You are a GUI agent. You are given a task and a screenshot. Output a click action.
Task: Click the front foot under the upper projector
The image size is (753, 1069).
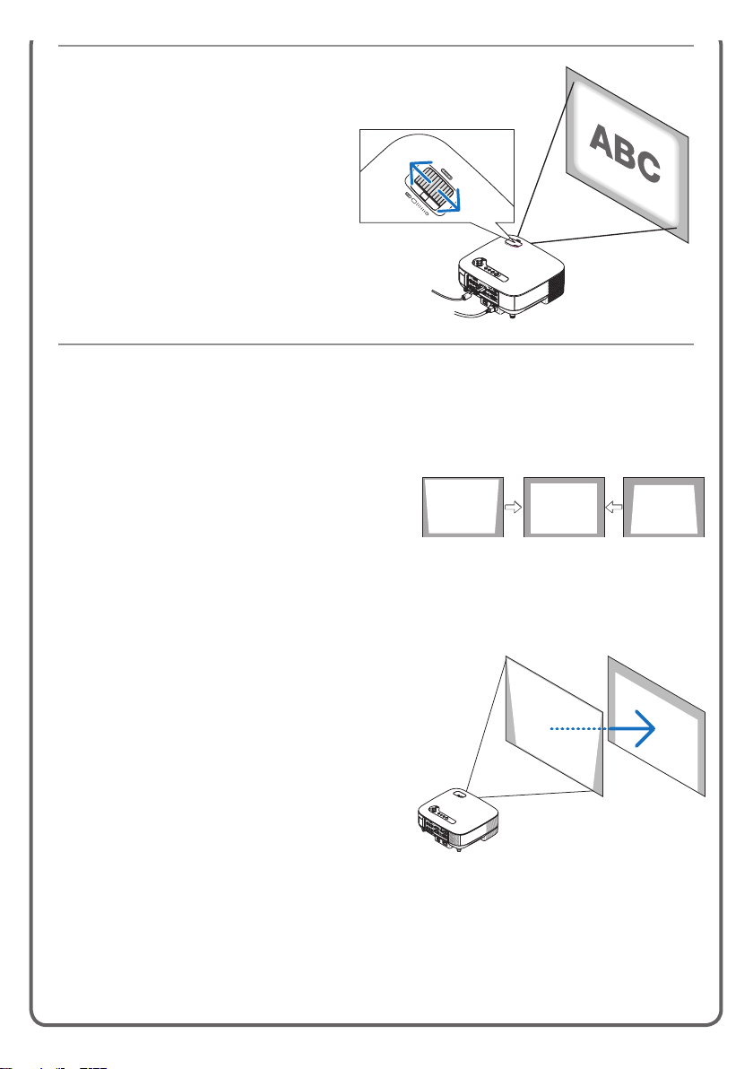pos(512,314)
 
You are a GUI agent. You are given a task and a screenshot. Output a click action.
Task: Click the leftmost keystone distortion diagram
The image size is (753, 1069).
pos(463,507)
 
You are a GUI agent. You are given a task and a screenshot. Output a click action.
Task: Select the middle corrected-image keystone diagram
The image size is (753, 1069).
pos(564,507)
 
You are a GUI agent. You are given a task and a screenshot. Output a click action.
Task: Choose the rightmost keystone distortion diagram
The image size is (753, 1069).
pos(663,507)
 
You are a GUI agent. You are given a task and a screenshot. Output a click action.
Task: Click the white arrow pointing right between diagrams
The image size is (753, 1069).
pos(513,507)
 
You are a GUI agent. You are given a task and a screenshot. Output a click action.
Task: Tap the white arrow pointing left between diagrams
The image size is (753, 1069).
pos(614,507)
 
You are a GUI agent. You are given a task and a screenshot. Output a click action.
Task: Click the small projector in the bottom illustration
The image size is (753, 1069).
pos(458,818)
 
